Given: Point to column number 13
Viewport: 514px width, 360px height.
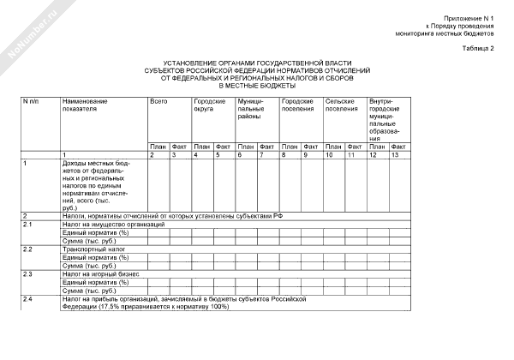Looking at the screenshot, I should [395, 154].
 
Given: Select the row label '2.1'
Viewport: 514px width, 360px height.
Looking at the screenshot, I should [27, 224].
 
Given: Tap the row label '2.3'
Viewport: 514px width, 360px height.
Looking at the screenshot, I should [27, 273].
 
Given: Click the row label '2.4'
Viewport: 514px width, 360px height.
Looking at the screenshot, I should [27, 298].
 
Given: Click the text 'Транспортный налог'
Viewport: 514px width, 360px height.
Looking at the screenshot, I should [93, 249].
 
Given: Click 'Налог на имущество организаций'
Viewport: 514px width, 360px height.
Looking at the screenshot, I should [111, 224].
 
